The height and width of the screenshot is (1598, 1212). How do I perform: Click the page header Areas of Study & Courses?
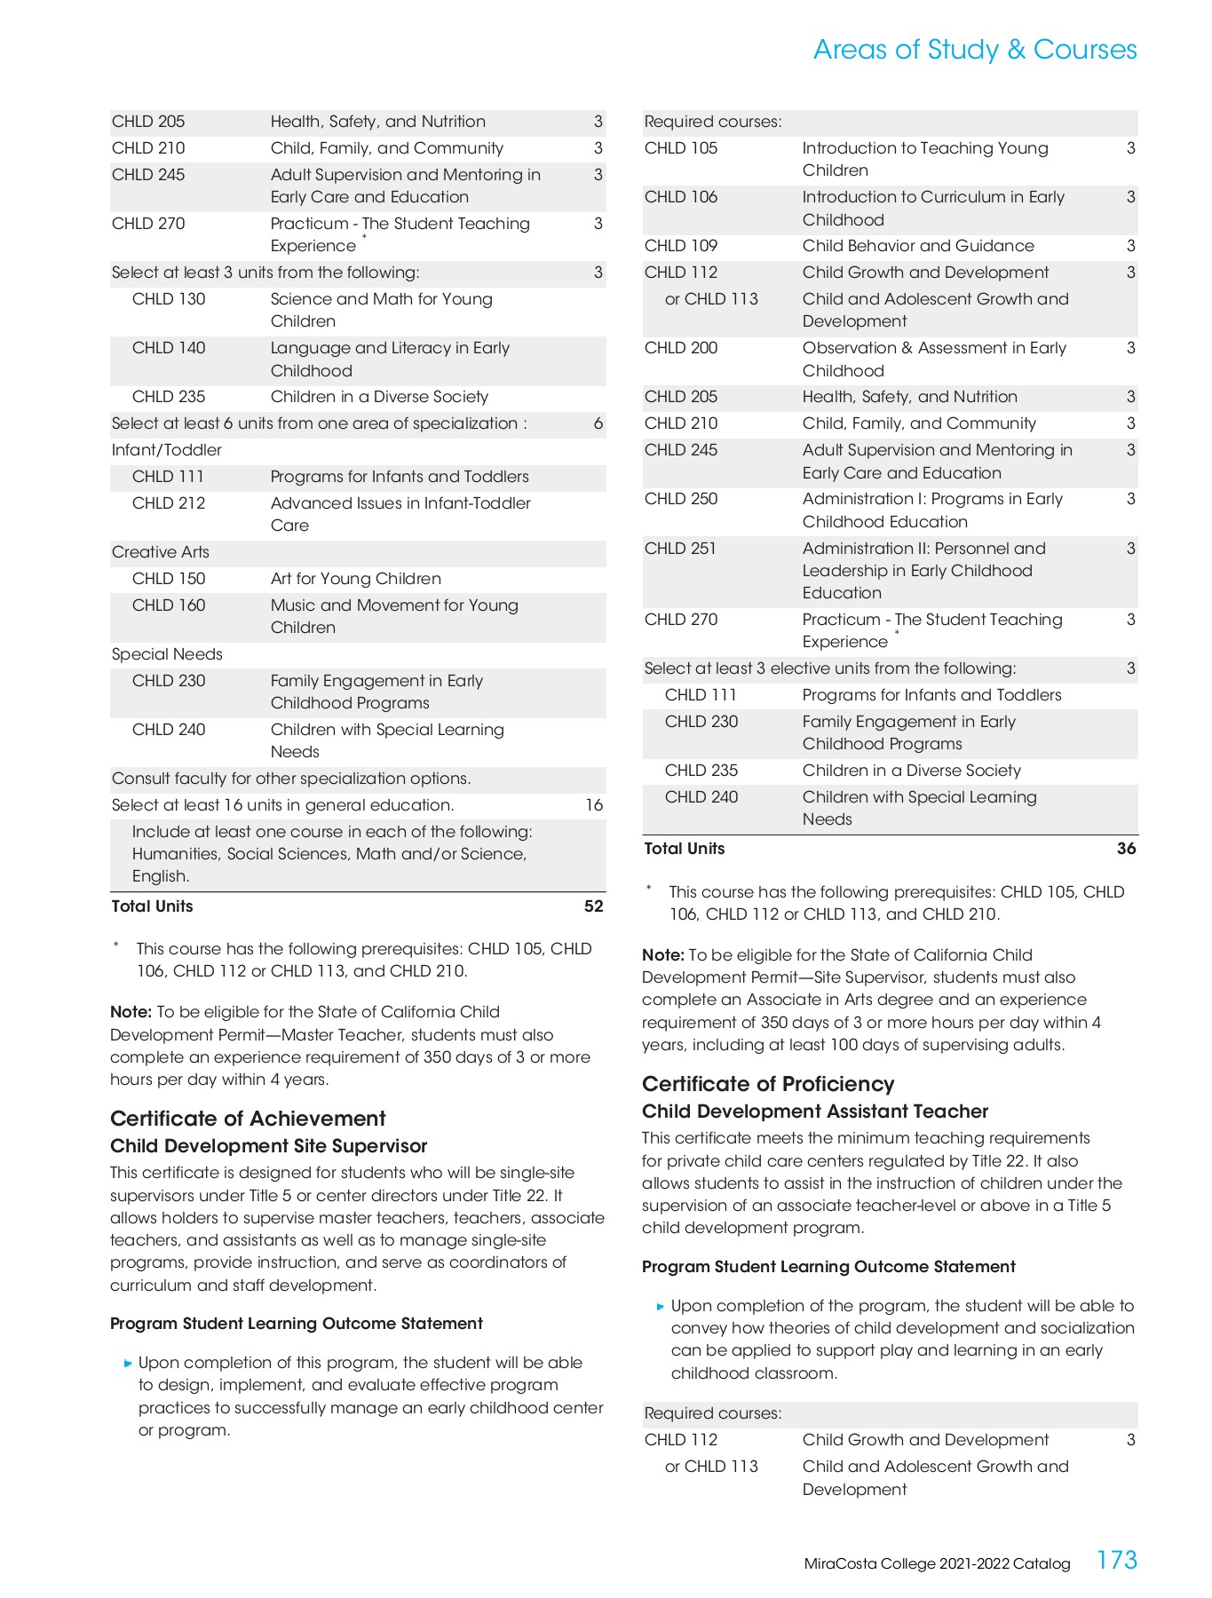(x=974, y=50)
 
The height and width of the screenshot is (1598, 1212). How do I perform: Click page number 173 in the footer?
(x=1116, y=1560)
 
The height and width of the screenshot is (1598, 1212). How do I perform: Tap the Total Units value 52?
(x=593, y=906)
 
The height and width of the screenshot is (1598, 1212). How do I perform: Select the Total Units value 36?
(x=1126, y=849)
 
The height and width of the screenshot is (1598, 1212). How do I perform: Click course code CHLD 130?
(x=169, y=299)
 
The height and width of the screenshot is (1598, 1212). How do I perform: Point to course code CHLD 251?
(x=680, y=549)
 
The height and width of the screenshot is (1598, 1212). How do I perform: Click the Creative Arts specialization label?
(x=161, y=552)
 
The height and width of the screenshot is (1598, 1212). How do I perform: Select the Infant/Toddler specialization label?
(x=167, y=450)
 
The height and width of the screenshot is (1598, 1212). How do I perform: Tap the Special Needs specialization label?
(x=167, y=654)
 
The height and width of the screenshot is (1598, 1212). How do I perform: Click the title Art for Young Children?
(x=355, y=579)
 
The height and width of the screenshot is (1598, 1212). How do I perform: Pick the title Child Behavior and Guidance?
(x=918, y=246)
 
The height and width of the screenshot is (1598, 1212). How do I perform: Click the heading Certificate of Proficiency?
(x=768, y=1084)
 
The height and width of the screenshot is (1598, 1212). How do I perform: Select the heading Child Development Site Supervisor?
(x=268, y=1146)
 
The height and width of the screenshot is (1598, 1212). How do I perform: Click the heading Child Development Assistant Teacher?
(x=814, y=1111)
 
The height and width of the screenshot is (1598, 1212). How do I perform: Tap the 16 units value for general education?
(x=594, y=805)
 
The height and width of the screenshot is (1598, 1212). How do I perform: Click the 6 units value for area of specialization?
(x=598, y=423)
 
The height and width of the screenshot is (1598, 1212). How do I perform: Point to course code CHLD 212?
(x=169, y=503)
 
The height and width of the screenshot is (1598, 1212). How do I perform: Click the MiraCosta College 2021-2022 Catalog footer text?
(x=937, y=1564)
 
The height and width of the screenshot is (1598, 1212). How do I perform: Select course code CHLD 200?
(x=681, y=348)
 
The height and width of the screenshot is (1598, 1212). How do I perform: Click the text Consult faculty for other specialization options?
(x=291, y=779)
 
